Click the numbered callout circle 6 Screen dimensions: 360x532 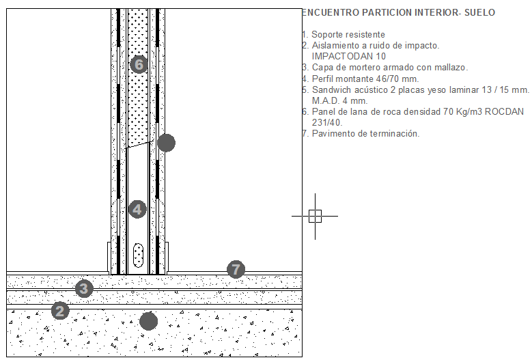(x=139, y=65)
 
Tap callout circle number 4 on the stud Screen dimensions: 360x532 (x=138, y=209)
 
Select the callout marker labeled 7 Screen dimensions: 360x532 (x=236, y=269)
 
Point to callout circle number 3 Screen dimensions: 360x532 (x=83, y=288)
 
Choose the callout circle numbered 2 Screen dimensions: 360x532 (x=61, y=311)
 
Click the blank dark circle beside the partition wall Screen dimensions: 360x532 (x=166, y=143)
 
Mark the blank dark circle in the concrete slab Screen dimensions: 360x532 (x=148, y=321)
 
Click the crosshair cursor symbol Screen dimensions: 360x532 (x=314, y=216)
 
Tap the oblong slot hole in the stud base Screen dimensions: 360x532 (x=139, y=255)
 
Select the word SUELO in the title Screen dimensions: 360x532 (x=479, y=13)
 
